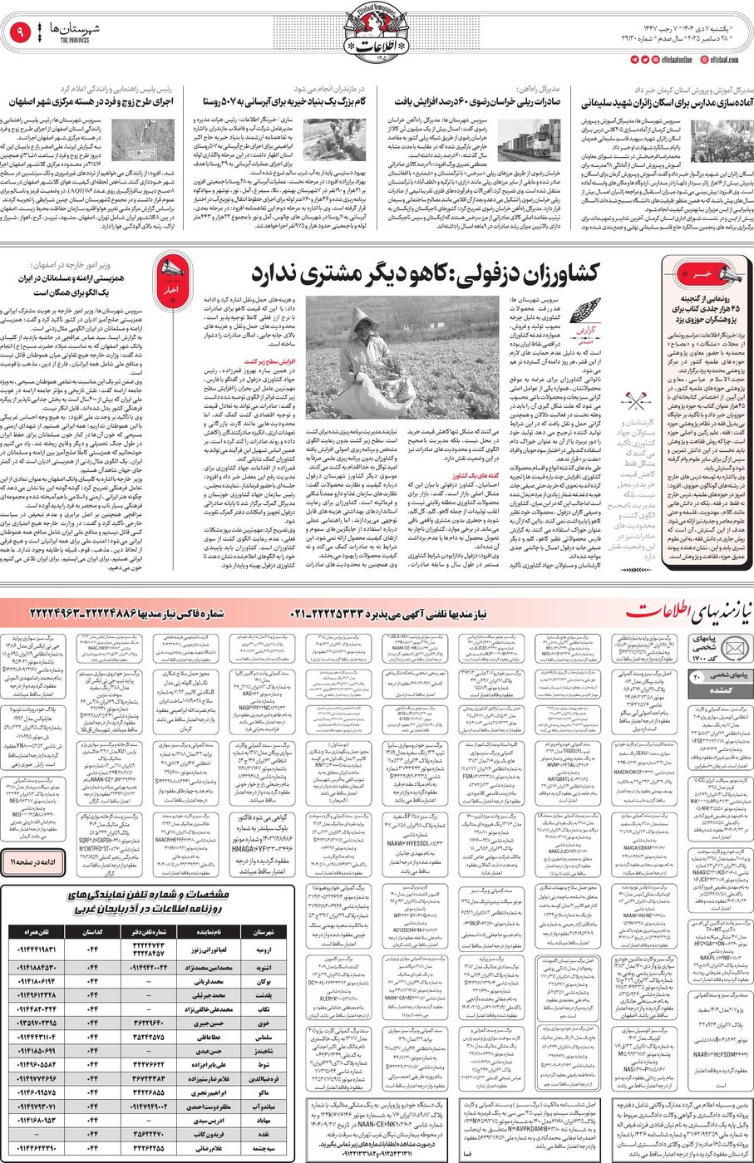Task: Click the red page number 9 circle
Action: pos(21,34)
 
